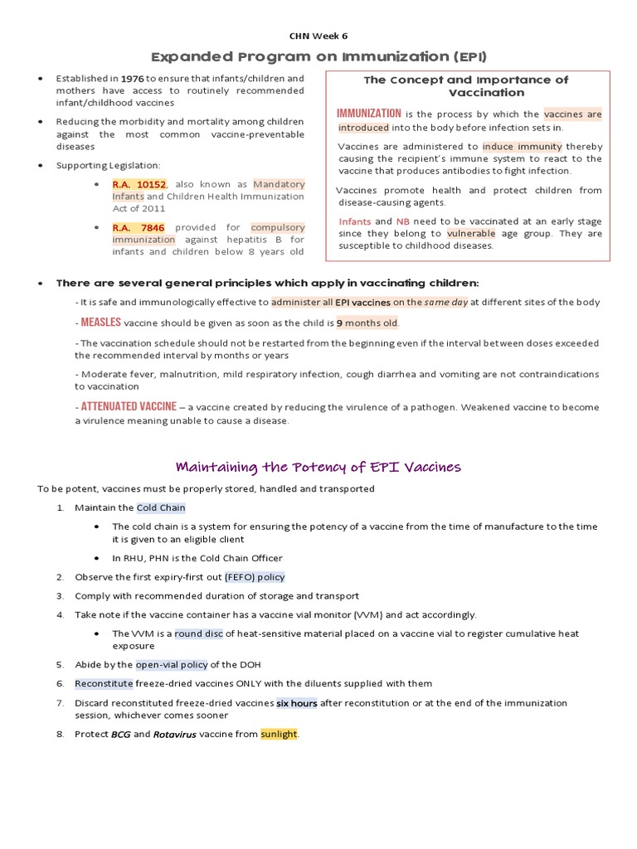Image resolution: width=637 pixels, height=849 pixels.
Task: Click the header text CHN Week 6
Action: [x=318, y=36]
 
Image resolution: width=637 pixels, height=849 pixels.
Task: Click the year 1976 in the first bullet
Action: [x=133, y=79]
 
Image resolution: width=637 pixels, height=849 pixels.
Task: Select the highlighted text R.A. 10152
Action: [x=139, y=184]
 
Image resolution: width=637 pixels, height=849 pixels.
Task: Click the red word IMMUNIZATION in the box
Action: [x=369, y=114]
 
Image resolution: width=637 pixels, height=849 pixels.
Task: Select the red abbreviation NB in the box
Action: [x=403, y=221]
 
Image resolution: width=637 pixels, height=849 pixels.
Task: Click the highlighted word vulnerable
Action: [x=470, y=234]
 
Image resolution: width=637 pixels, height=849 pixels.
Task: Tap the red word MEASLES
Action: [x=100, y=323]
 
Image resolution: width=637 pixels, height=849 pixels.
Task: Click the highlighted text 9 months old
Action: [x=367, y=323]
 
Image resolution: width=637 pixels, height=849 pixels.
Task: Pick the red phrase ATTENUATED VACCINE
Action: [x=129, y=406]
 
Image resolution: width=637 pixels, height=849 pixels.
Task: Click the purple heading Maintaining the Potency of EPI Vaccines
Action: [x=318, y=467]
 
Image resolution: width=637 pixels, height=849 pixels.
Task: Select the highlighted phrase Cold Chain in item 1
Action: [x=161, y=507]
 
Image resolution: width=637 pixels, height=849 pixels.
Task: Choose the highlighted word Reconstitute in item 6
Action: [x=104, y=684]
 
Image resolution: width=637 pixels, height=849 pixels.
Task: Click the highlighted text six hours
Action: [x=297, y=703]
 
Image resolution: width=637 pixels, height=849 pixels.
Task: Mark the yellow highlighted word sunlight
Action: [x=279, y=735]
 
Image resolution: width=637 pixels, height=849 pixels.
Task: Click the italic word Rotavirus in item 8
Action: [x=174, y=735]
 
